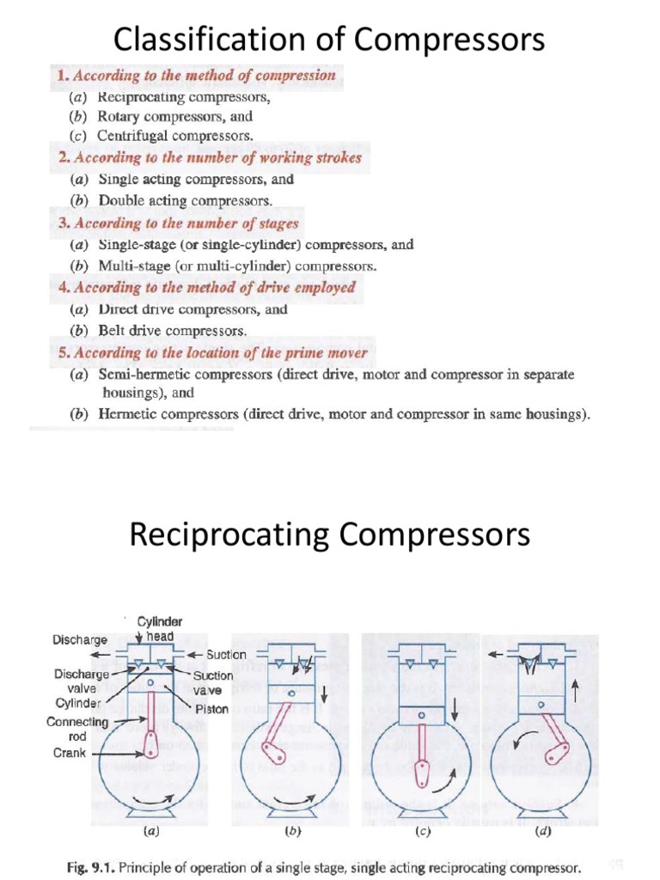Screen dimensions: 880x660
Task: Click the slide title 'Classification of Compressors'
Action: [329, 39]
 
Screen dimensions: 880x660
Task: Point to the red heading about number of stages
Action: [178, 223]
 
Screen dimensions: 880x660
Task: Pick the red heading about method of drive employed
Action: [206, 288]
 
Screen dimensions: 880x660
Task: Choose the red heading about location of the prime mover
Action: [212, 353]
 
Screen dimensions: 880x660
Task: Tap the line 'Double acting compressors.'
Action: [185, 201]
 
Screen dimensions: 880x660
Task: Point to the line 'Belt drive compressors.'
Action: [172, 331]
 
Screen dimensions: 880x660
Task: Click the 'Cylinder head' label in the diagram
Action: [161, 628]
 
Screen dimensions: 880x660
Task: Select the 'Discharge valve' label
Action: [82, 681]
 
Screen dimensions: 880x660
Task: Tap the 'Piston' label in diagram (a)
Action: [211, 709]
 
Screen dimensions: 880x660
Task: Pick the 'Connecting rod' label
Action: [77, 729]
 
